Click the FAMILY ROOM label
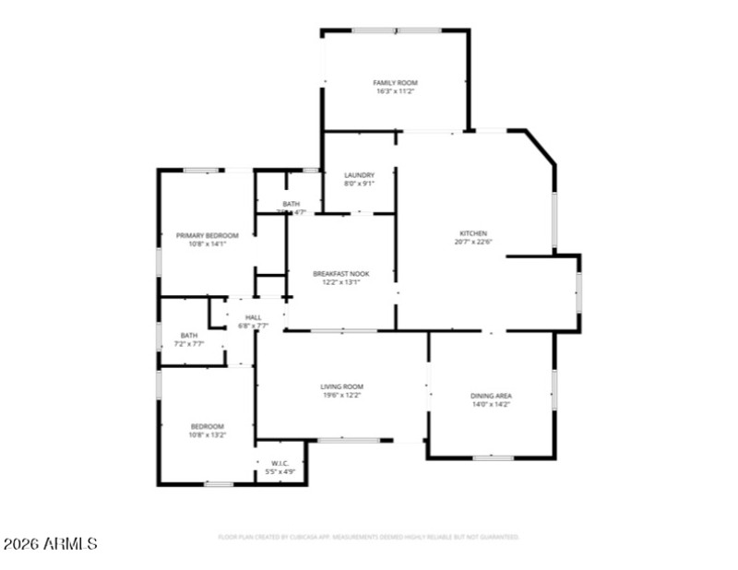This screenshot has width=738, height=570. (395, 83)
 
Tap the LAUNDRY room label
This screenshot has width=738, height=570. (359, 175)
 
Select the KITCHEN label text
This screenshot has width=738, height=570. (473, 233)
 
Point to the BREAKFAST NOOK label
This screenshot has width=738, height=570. (341, 274)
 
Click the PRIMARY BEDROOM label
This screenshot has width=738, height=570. (207, 235)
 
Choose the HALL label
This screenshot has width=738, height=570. (253, 317)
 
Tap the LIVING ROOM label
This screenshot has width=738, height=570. (341, 386)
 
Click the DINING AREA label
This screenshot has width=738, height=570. (491, 395)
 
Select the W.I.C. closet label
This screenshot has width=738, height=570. (280, 463)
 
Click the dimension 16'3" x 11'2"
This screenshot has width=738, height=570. (395, 92)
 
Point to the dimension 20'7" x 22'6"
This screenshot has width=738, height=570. (473, 243)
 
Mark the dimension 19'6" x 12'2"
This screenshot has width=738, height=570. (341, 396)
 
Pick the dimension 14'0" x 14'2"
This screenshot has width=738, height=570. (491, 404)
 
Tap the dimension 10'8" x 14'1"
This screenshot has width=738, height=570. (207, 244)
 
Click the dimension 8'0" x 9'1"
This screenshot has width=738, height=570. (359, 184)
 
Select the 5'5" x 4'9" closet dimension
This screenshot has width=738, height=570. (280, 472)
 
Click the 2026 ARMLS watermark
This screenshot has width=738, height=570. (50, 544)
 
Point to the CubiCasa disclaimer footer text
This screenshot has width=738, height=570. (368, 537)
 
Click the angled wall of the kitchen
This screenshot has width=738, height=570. (540, 148)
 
